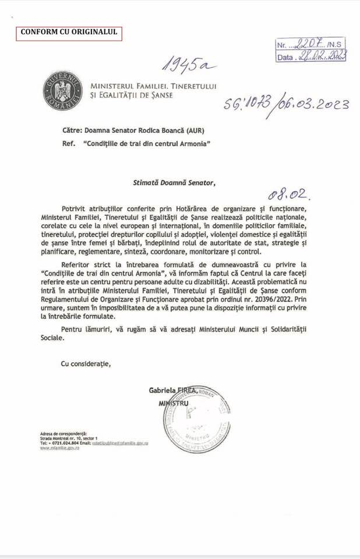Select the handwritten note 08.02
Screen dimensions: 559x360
pyautogui.click(x=285, y=191)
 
